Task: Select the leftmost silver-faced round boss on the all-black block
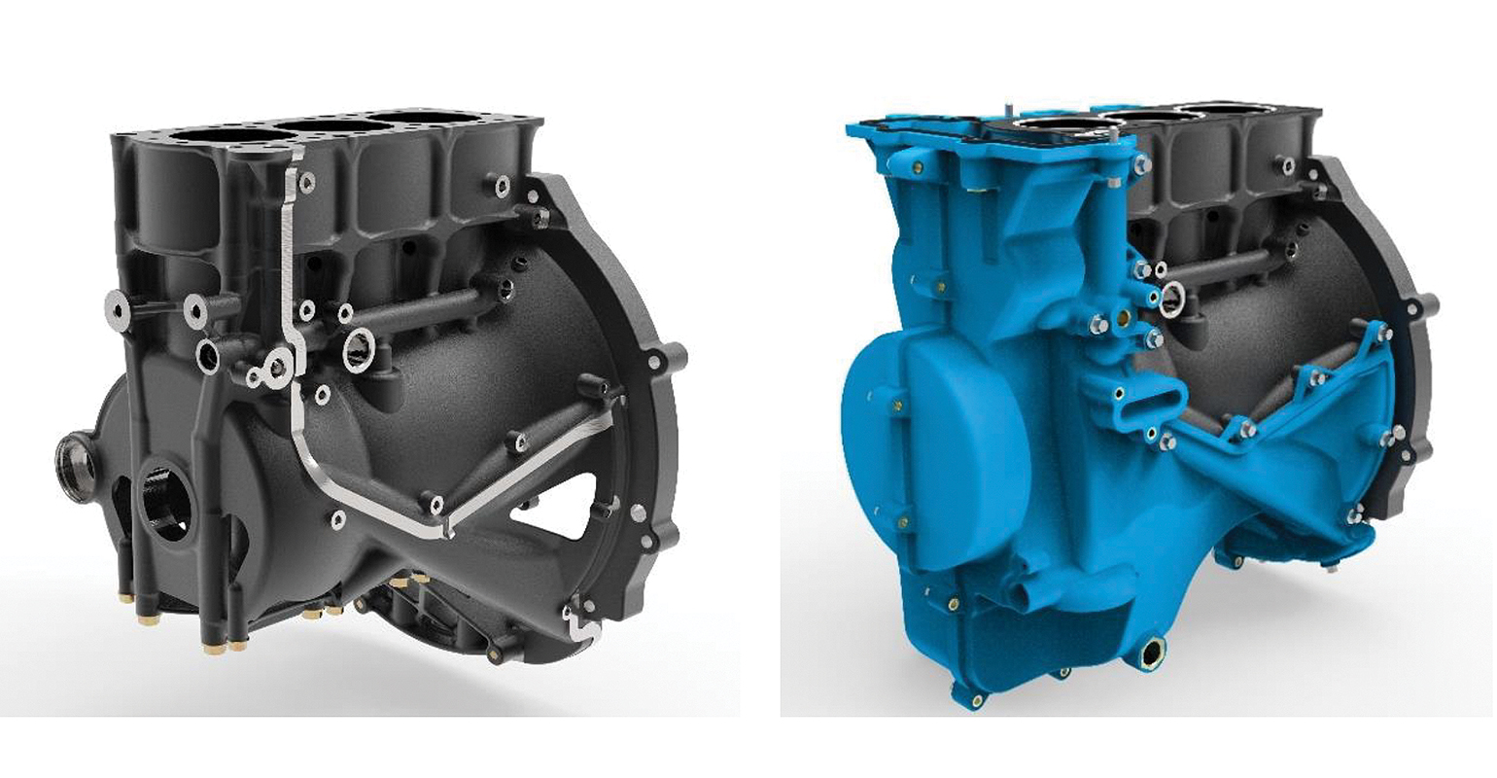tap(118, 309)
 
